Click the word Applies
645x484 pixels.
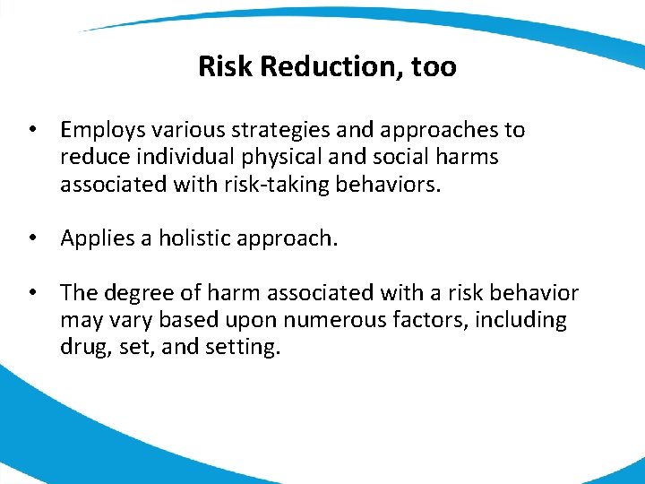click(95, 239)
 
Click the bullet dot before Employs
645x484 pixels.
click(31, 131)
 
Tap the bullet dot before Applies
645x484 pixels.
click(31, 239)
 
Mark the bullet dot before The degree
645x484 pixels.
click(31, 293)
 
